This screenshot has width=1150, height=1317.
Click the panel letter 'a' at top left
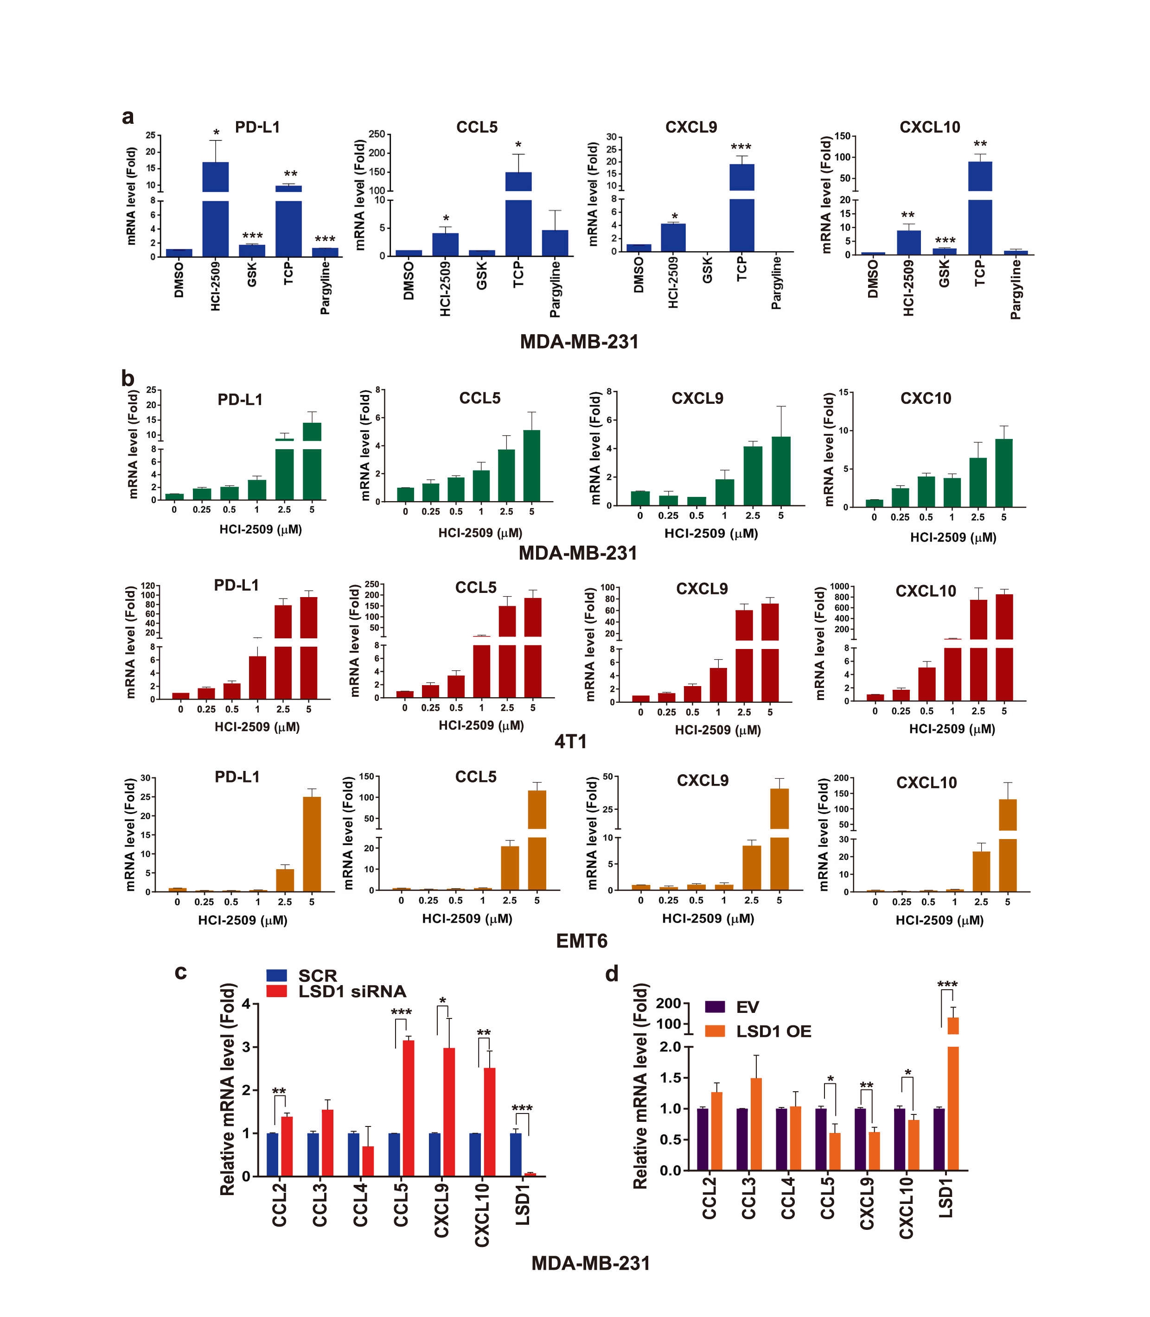[128, 117]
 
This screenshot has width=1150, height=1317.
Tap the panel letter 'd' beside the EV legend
[612, 974]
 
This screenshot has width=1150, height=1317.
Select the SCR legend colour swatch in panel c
[276, 975]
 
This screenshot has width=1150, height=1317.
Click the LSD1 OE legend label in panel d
[773, 1031]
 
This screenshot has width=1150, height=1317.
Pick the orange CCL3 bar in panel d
[756, 1123]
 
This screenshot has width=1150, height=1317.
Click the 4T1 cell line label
[570, 742]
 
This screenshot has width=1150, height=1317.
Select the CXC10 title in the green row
[926, 398]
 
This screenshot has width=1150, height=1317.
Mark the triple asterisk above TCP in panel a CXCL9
[741, 147]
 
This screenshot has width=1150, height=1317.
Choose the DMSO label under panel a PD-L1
[179, 280]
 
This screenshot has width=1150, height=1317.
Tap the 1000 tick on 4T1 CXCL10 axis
[839, 586]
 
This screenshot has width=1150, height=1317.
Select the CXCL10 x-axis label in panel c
[481, 1215]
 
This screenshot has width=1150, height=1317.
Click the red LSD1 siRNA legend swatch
[276, 992]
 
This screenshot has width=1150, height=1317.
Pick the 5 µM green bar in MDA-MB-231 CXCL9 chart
[781, 471]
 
